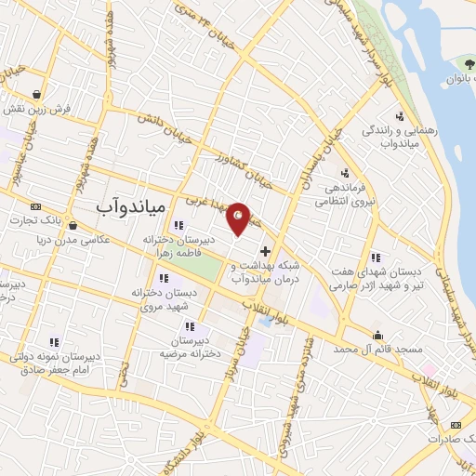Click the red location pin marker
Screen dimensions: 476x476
(x=239, y=218)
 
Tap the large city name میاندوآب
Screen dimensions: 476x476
(x=130, y=204)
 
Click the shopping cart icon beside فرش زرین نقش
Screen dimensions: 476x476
(x=35, y=94)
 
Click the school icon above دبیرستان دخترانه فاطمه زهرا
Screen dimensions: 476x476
(x=178, y=225)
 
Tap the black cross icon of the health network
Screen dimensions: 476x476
(x=265, y=251)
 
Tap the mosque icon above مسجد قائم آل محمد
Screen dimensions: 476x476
(x=377, y=336)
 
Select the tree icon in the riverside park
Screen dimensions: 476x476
(x=456, y=61)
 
